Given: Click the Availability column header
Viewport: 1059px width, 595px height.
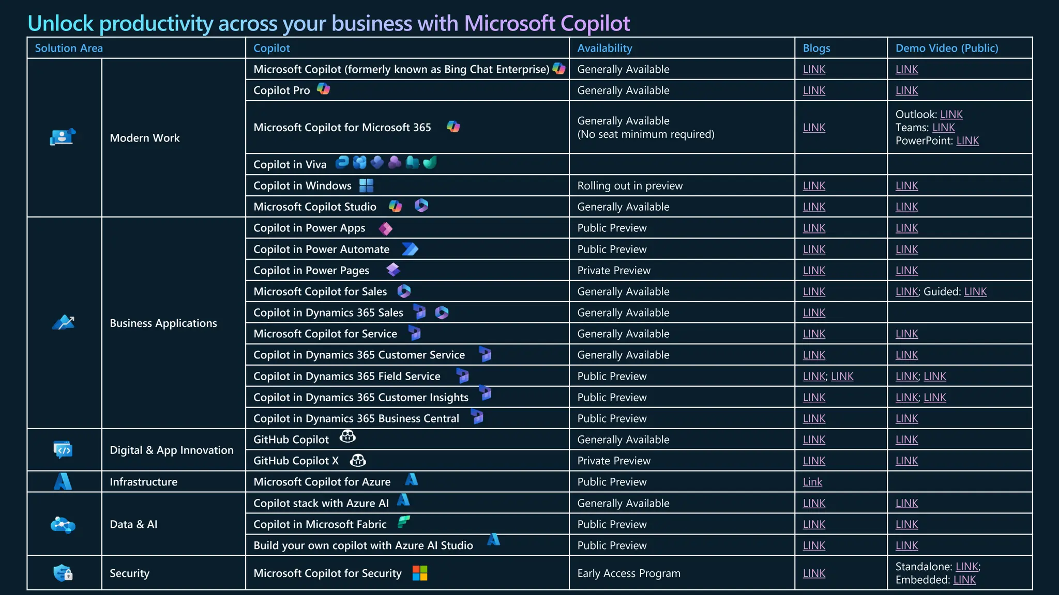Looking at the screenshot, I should [x=604, y=48].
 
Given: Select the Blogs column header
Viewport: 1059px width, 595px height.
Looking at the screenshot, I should [x=816, y=48].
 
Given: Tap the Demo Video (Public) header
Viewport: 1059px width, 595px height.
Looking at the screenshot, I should [x=946, y=48].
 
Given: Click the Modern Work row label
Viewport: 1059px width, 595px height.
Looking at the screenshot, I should [x=144, y=138].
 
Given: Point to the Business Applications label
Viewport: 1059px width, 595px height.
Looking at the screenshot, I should [x=163, y=323].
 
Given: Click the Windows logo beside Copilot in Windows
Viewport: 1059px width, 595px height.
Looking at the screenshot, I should [x=366, y=185].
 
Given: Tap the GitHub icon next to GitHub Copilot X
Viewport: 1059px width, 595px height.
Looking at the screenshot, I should [x=358, y=460].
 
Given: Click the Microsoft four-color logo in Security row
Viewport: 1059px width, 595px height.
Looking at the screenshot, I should [x=420, y=573].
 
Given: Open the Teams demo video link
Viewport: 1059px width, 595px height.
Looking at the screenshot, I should [x=943, y=128].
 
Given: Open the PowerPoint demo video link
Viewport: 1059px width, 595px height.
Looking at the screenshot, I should [x=967, y=141].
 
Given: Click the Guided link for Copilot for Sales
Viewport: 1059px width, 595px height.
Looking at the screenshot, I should [x=975, y=292].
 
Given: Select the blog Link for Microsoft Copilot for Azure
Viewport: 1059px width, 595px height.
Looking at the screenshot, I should [x=812, y=482].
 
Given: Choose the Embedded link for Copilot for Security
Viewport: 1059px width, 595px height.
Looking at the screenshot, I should [x=964, y=580].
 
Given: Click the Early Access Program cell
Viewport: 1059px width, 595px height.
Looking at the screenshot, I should [x=628, y=573].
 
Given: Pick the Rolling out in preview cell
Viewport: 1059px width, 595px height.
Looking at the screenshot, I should [x=629, y=186].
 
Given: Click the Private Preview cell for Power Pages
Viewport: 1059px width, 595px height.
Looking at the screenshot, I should [x=613, y=271].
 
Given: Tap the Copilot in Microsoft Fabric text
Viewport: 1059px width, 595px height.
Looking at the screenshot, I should [x=320, y=524].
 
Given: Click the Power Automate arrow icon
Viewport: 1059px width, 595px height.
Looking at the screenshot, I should [x=410, y=249].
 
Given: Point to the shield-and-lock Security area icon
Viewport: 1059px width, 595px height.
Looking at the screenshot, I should [x=63, y=573].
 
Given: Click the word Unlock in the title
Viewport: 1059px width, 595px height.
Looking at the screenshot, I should [x=60, y=23].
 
